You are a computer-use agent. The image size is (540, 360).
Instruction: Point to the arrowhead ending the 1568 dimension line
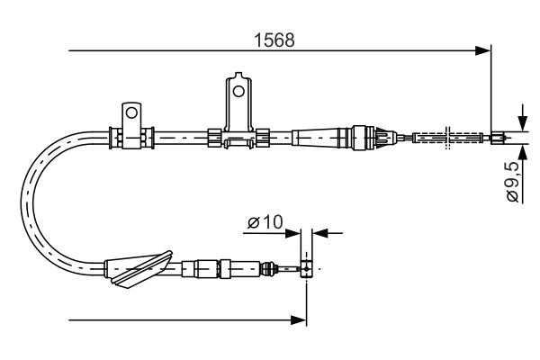(484, 51)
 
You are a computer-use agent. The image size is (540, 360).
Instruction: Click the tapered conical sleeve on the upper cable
(319, 138)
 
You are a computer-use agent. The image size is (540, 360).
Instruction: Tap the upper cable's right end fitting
(497, 138)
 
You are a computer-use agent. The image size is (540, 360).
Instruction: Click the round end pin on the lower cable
(307, 267)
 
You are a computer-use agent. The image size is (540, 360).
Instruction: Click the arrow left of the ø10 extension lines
(294, 232)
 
